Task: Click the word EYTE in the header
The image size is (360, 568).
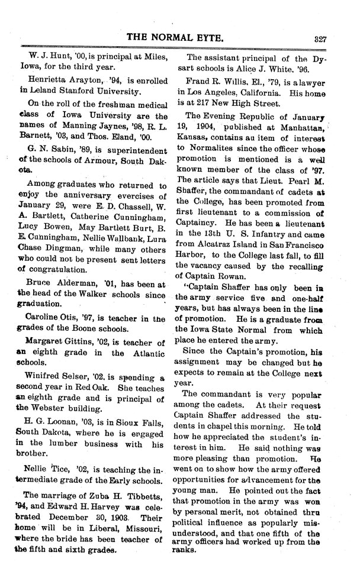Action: point(207,38)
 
